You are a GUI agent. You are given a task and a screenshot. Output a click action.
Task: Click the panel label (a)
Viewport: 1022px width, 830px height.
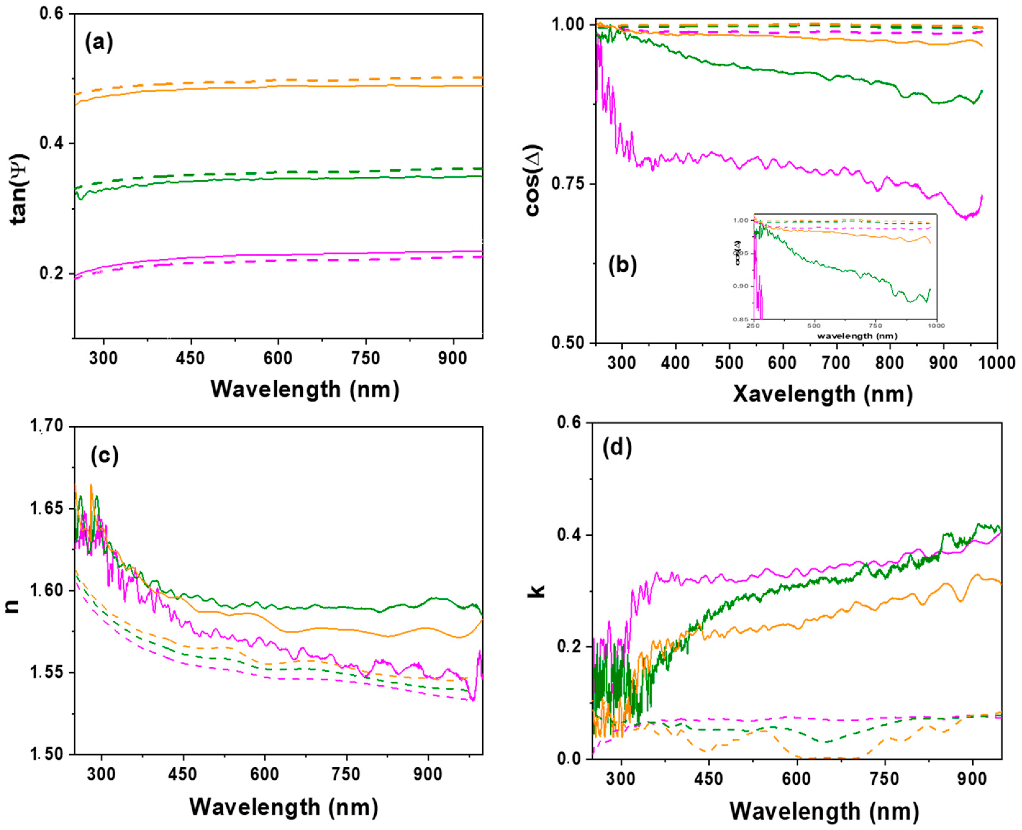[x=99, y=43]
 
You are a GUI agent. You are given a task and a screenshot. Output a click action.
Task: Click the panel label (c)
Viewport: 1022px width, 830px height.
[x=104, y=456]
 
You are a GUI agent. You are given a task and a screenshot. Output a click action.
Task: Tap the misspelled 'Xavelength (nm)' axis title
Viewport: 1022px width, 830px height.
[x=823, y=394]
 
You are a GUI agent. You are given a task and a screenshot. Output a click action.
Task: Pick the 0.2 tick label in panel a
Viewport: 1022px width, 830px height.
[x=52, y=274]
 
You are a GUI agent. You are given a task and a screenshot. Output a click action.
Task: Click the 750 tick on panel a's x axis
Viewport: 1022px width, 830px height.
[x=366, y=358]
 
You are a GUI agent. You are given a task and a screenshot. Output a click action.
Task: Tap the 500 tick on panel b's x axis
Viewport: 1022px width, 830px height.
[x=729, y=362]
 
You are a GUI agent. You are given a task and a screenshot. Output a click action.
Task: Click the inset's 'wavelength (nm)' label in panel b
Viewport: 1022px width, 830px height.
[x=857, y=336]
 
